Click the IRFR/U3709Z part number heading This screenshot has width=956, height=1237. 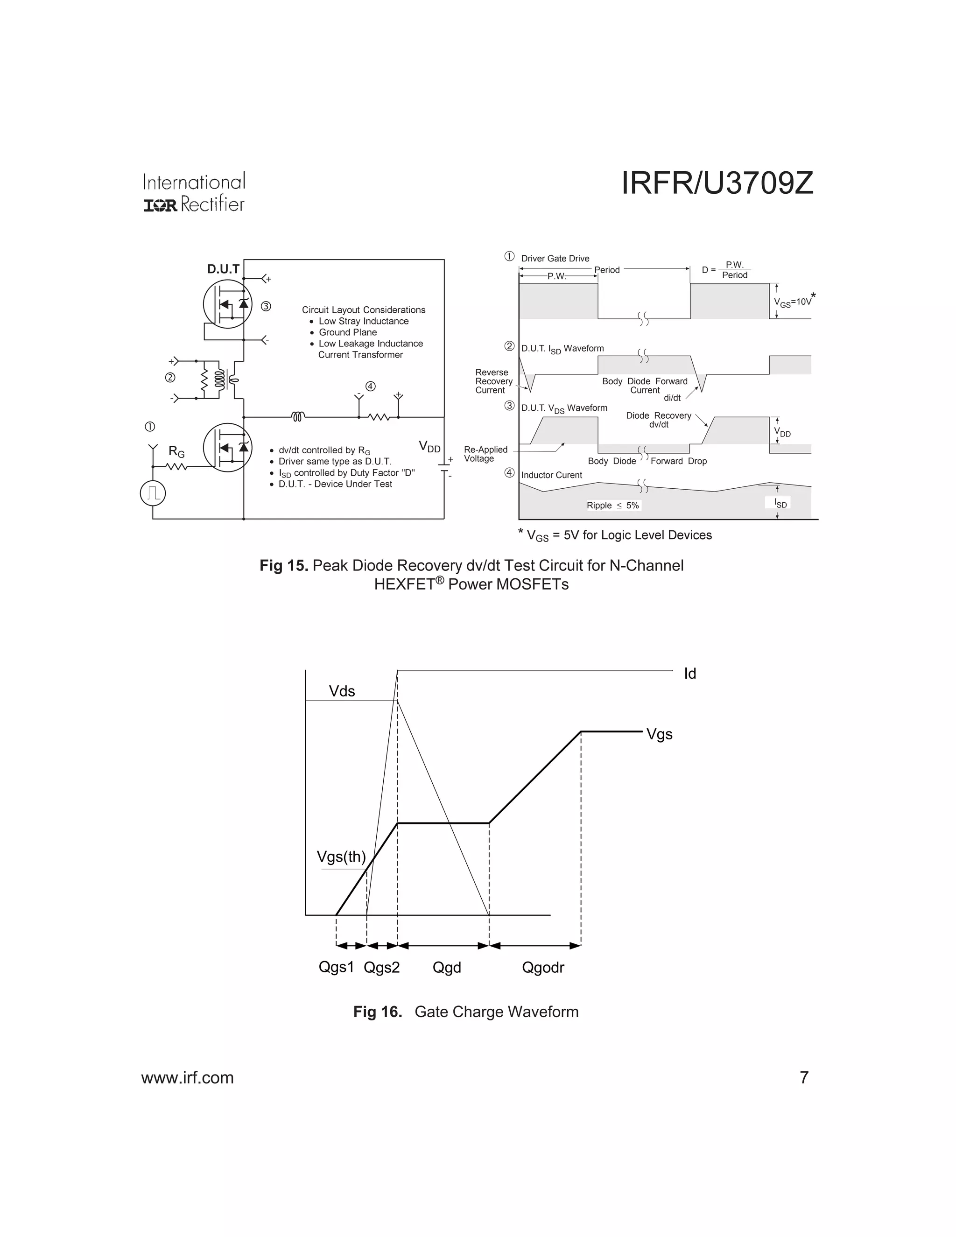pyautogui.click(x=717, y=183)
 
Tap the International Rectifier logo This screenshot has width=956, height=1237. pyautogui.click(x=194, y=193)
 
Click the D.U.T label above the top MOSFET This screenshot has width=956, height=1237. pyautogui.click(x=223, y=269)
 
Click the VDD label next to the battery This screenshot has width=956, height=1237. pyautogui.click(x=430, y=447)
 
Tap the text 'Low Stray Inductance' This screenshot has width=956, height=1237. pyautogui.click(x=363, y=321)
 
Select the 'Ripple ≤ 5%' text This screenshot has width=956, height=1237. pyautogui.click(x=613, y=505)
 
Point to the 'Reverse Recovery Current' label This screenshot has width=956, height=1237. pyautogui.click(x=493, y=381)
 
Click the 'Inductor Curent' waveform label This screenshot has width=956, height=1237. pyautogui.click(x=551, y=475)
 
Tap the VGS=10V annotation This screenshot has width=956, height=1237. pyautogui.click(x=794, y=302)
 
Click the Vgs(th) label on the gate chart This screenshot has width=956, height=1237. pyautogui.click(x=341, y=857)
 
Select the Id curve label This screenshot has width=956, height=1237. pyautogui.click(x=690, y=674)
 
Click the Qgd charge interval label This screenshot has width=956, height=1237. pyautogui.click(x=446, y=967)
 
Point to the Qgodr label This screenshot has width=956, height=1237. pyautogui.click(x=542, y=967)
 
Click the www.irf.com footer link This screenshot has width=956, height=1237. pyautogui.click(x=188, y=1078)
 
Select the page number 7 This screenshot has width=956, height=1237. pyautogui.click(x=804, y=1078)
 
